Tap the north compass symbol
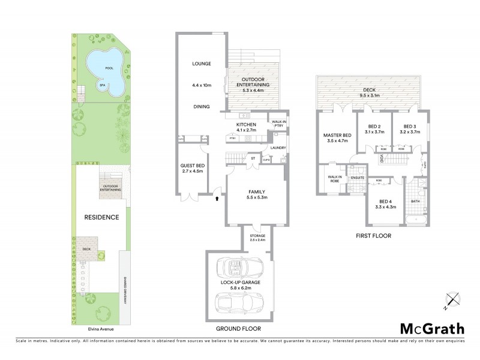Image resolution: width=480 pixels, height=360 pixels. pyautogui.click(x=452, y=299)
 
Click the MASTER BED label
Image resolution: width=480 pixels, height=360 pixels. pyautogui.click(x=337, y=135)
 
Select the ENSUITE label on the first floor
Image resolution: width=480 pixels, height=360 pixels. pyautogui.click(x=358, y=178)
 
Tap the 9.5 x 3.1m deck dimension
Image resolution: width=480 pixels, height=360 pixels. pyautogui.click(x=373, y=94)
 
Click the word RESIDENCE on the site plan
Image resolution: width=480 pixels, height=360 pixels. pyautogui.click(x=101, y=217)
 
